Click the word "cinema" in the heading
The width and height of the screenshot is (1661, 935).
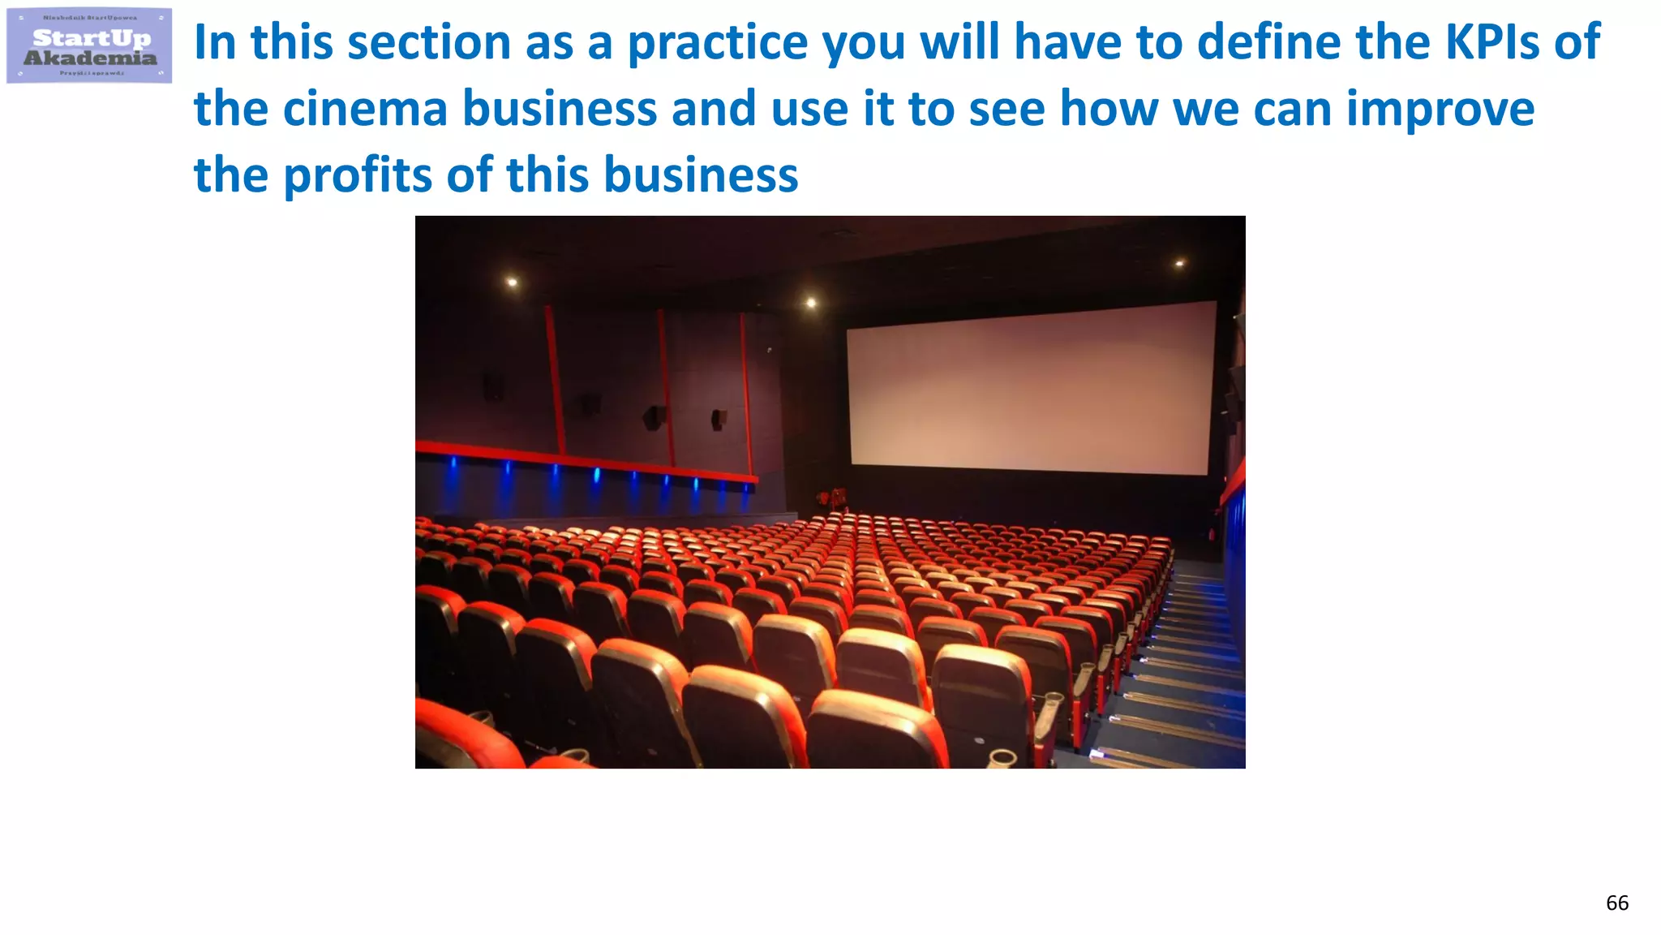coord(366,109)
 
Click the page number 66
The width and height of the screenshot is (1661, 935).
coord(1616,903)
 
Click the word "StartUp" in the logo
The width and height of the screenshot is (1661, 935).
coord(92,38)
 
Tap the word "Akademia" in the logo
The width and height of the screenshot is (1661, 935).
coord(90,58)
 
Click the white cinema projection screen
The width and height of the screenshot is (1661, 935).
coord(1030,386)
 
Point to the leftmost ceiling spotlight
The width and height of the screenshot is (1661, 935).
coord(512,282)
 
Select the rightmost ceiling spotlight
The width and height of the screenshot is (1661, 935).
coord(1179,263)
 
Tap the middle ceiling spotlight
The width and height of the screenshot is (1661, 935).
coord(810,303)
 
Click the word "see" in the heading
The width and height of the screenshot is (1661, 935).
coord(1006,110)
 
